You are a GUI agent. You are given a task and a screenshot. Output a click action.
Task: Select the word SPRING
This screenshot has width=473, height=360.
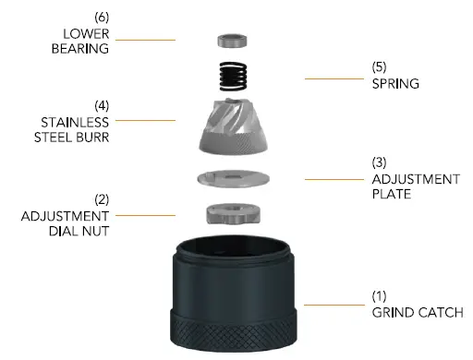[x=395, y=83]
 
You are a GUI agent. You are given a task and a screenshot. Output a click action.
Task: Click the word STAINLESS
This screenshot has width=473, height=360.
[x=75, y=121]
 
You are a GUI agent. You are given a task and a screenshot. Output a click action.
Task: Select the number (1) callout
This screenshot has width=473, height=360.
[x=379, y=297]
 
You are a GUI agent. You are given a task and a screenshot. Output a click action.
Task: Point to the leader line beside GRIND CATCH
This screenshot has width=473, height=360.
[x=328, y=306]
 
